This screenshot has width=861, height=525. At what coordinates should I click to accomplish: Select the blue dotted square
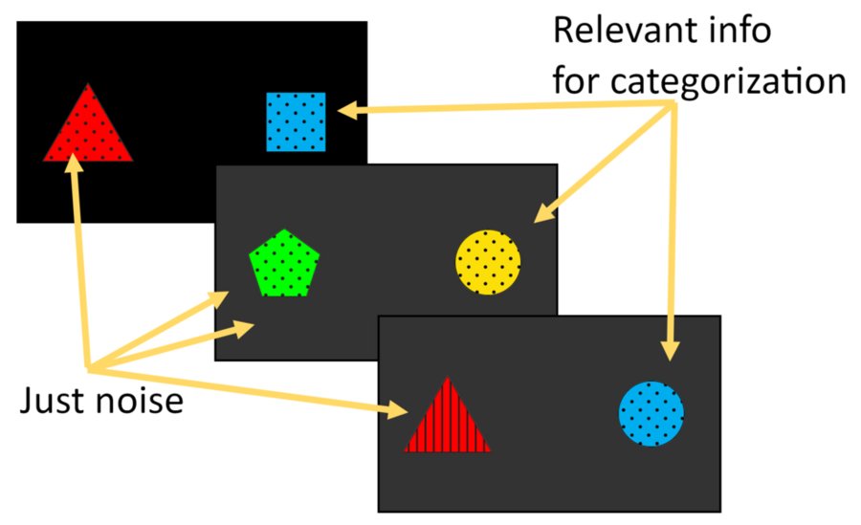tap(296, 121)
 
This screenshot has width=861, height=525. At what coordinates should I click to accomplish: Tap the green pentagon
tap(284, 264)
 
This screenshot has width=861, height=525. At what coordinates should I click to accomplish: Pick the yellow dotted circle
tap(488, 261)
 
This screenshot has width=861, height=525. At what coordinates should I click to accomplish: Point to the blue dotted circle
tap(651, 413)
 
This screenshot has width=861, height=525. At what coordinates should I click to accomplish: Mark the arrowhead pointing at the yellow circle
tap(541, 214)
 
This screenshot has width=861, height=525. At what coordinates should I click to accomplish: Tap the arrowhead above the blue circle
tap(670, 350)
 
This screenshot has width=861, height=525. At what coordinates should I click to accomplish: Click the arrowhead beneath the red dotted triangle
tap(73, 163)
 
